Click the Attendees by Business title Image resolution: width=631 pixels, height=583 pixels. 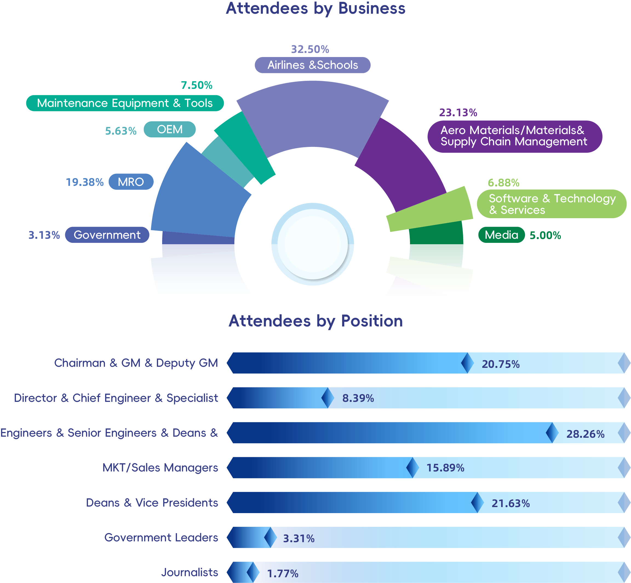pos(315,8)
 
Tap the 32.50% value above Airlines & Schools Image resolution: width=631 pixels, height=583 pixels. pos(310,49)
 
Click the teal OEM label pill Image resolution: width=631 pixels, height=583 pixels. pos(170,129)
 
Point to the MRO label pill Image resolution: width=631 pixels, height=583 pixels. pos(131,182)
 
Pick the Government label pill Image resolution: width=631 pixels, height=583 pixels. pos(107,235)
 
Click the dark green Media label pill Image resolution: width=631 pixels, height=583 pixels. pos(501,235)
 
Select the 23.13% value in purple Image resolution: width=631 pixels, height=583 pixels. pos(458,113)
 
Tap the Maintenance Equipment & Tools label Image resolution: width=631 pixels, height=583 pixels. pos(125,103)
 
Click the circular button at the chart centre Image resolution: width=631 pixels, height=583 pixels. pos(313,244)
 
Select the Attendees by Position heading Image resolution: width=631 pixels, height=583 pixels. pos(315,321)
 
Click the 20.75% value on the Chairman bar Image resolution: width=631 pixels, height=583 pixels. pos(501,364)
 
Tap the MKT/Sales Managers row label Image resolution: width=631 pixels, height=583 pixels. pos(160,468)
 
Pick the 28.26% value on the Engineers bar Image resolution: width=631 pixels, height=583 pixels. pos(585,434)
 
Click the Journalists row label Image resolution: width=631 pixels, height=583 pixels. pos(190,572)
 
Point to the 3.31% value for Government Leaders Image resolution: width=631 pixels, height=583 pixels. pos(299,539)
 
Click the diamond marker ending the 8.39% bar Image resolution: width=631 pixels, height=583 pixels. pos(328,398)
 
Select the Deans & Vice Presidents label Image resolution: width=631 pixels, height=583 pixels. pos(152,503)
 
